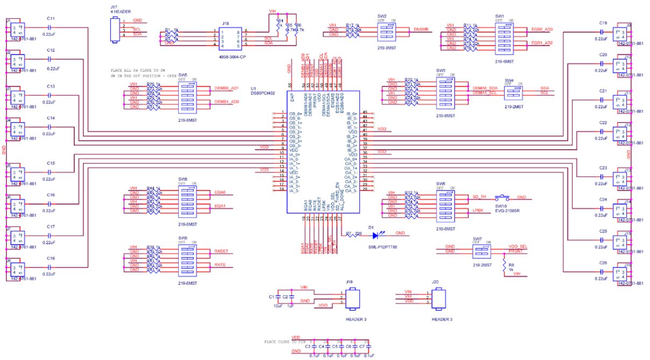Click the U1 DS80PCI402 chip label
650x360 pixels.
click(263, 90)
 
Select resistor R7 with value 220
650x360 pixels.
click(353, 234)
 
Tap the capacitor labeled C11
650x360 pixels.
click(51, 27)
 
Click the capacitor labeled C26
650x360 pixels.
click(603, 272)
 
